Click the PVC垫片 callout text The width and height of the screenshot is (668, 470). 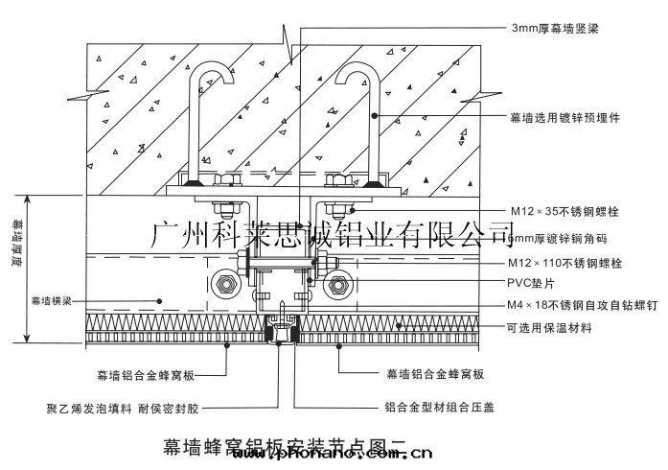click(532, 283)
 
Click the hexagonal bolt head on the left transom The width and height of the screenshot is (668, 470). click(226, 283)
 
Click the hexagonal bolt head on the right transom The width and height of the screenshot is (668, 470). click(340, 283)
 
